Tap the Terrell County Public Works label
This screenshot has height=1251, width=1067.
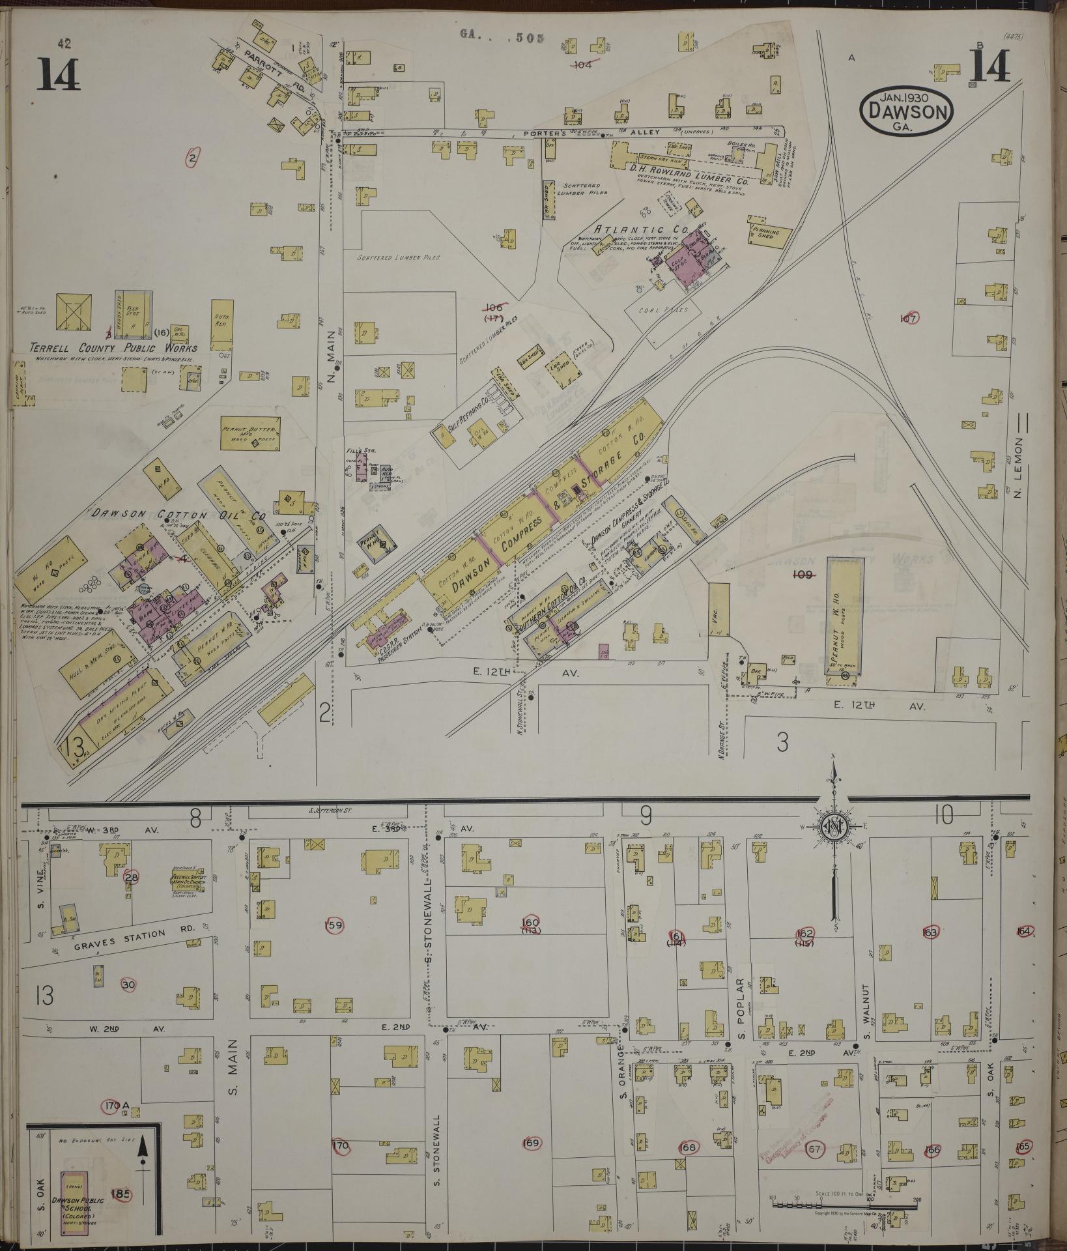(113, 347)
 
